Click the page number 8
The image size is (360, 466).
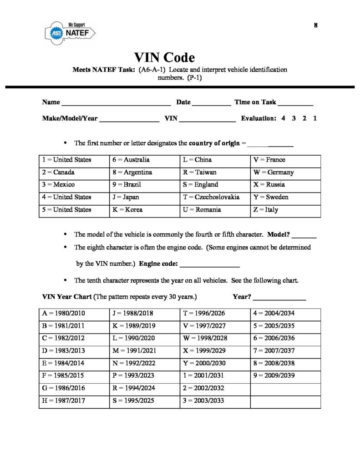click(x=315, y=25)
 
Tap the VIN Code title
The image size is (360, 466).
click(x=164, y=58)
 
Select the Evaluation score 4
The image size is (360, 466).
click(x=283, y=118)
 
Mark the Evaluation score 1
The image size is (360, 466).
click(x=315, y=118)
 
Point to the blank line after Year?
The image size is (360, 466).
click(x=279, y=299)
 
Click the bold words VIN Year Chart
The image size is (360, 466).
click(x=66, y=297)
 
